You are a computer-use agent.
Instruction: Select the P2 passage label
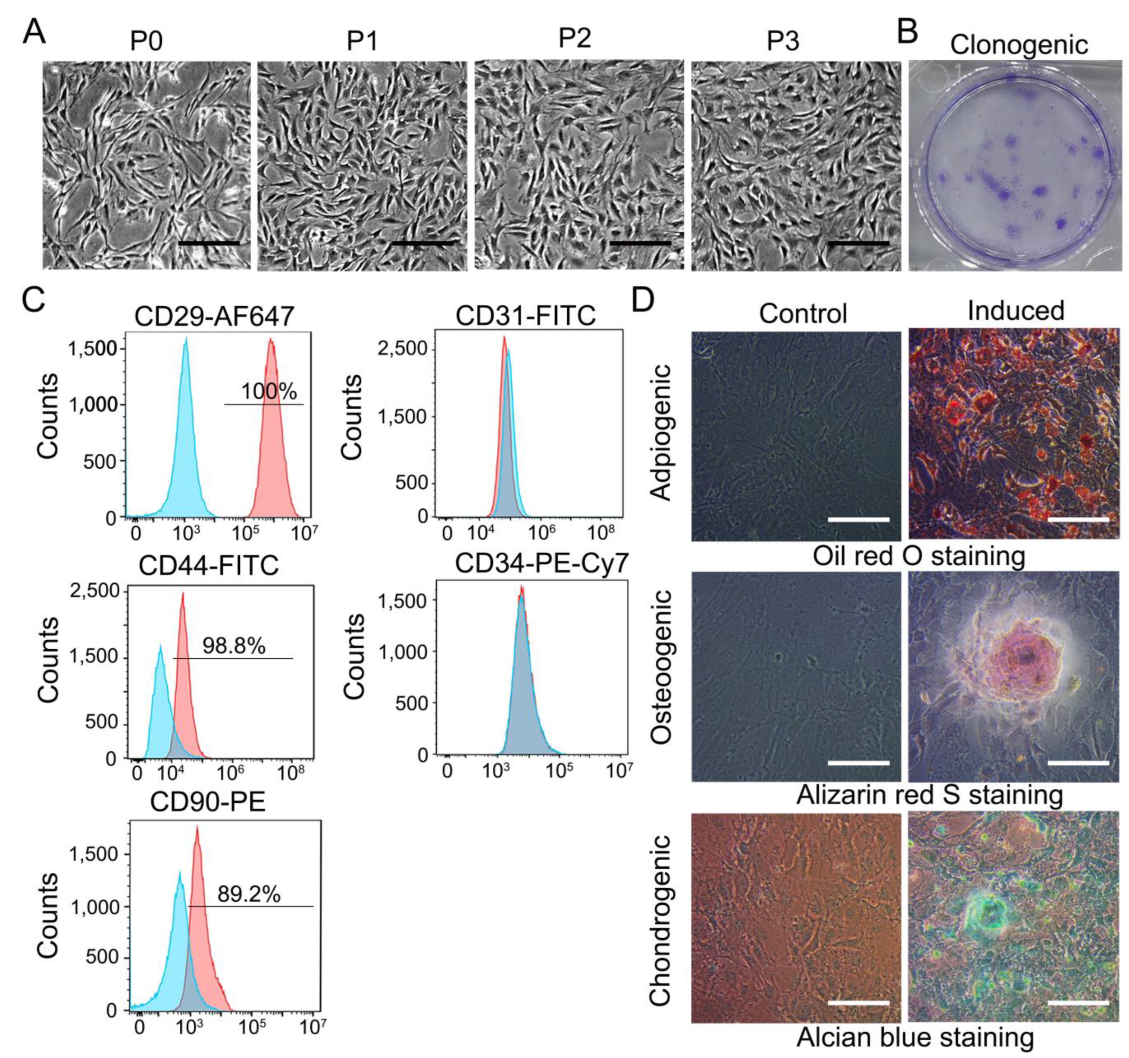tap(574, 38)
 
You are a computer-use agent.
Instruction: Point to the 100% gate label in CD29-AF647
tap(269, 392)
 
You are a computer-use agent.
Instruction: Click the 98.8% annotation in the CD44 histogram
tap(233, 645)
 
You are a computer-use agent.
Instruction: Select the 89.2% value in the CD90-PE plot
tap(249, 894)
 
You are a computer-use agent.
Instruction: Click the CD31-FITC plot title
tap(525, 316)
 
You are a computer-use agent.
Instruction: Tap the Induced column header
tap(1016, 311)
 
